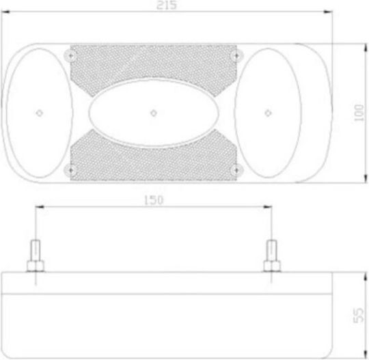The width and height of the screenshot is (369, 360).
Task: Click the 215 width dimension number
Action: click(x=167, y=5)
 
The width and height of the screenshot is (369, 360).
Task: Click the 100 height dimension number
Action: click(x=359, y=113)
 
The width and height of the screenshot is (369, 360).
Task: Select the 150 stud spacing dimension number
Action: click(x=154, y=200)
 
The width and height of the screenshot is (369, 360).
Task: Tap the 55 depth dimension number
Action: click(x=359, y=316)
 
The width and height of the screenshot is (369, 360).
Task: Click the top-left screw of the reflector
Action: click(x=70, y=56)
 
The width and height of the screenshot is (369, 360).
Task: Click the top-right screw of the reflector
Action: click(x=236, y=56)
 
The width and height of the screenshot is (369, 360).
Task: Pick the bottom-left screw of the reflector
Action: click(x=70, y=170)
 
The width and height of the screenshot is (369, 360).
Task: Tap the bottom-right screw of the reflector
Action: click(x=236, y=170)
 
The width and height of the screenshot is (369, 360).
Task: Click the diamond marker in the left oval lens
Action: click(x=40, y=113)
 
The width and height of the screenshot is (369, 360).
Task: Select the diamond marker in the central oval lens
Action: click(x=154, y=113)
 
